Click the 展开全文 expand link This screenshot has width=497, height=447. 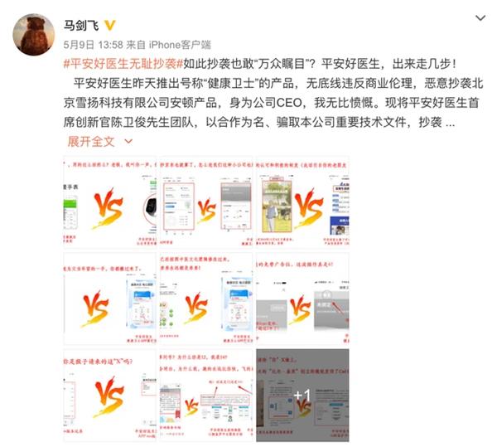pyautogui.click(x=92, y=142)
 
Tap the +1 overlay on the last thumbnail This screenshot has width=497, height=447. pyautogui.click(x=302, y=395)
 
